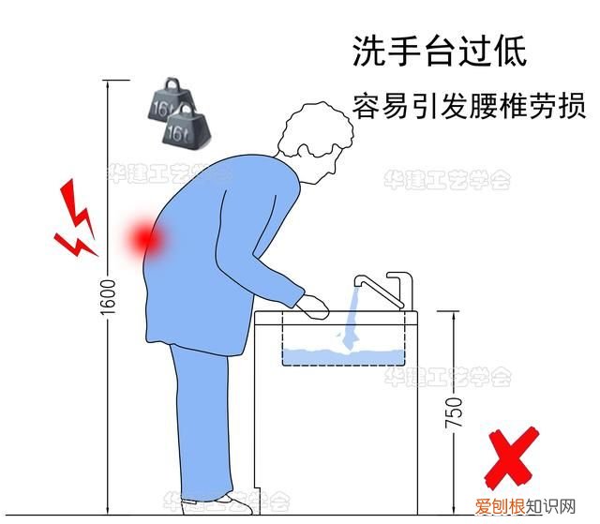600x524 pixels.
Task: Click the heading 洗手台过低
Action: click(439, 51)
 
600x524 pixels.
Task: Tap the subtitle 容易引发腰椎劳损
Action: click(468, 105)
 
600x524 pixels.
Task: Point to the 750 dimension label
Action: click(454, 412)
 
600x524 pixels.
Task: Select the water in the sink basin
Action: click(342, 355)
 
